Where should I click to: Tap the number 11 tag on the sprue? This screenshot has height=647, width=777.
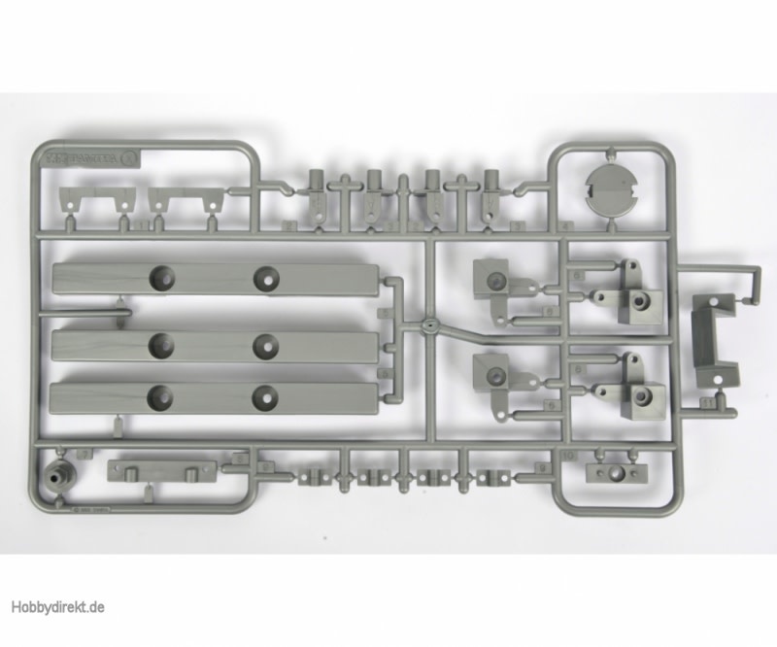[x=706, y=399]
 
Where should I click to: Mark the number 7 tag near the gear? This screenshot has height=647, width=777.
[x=84, y=454]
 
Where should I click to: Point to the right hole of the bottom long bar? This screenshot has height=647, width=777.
[x=265, y=394]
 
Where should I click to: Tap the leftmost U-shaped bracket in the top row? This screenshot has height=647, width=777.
[x=93, y=202]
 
